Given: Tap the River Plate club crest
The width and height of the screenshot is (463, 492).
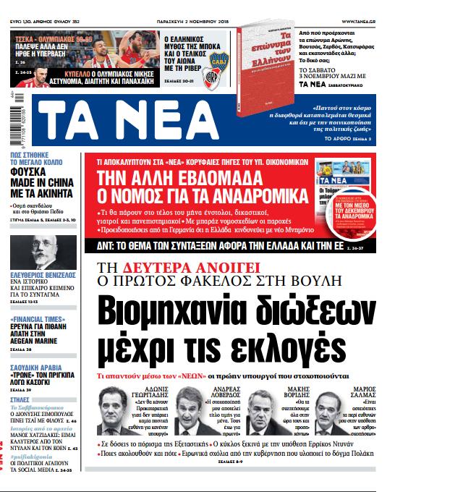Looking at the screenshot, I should [x=213, y=76].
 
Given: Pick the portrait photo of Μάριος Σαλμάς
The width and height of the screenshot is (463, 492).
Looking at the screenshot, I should [x=337, y=404].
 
